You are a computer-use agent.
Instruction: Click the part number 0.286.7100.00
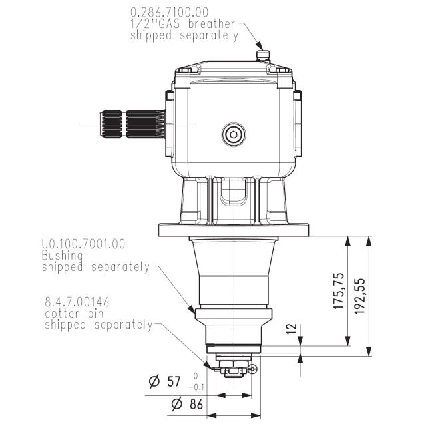point(170,13)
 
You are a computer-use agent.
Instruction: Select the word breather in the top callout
point(212,24)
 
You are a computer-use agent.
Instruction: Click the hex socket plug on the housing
point(234,134)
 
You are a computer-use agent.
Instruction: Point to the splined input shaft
point(133,124)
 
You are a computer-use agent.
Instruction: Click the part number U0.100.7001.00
point(83,244)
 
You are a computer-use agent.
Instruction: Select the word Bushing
point(62,256)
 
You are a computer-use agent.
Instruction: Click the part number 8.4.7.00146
point(77,302)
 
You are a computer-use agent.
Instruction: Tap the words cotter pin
point(74,314)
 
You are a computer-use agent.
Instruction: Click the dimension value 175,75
point(339,291)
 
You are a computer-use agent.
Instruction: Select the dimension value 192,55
point(360,296)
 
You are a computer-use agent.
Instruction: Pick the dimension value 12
point(291,330)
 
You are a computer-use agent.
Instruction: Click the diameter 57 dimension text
point(165,381)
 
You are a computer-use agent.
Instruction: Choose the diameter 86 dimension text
point(187,404)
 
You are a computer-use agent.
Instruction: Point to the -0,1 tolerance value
point(196,387)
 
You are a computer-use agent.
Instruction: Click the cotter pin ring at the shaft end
point(253,368)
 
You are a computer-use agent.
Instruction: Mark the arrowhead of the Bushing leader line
point(191,309)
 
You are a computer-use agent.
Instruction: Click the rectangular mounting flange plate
point(234,230)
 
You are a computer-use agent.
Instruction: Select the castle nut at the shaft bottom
point(234,371)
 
